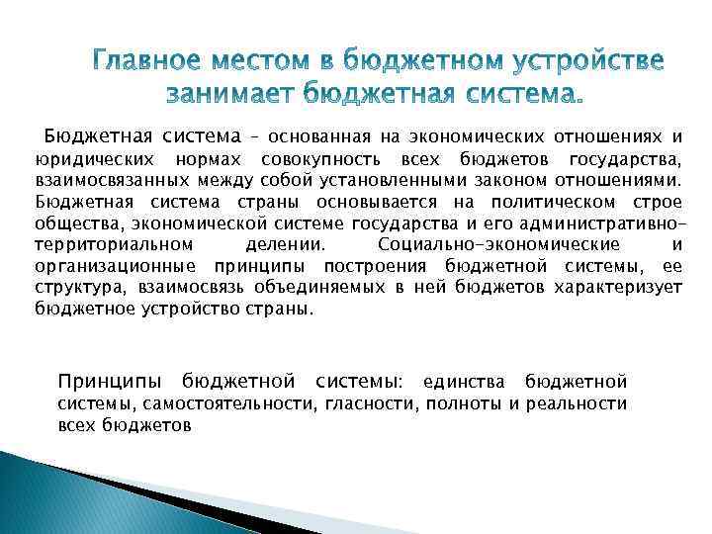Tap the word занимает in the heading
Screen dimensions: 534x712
(x=224, y=95)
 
